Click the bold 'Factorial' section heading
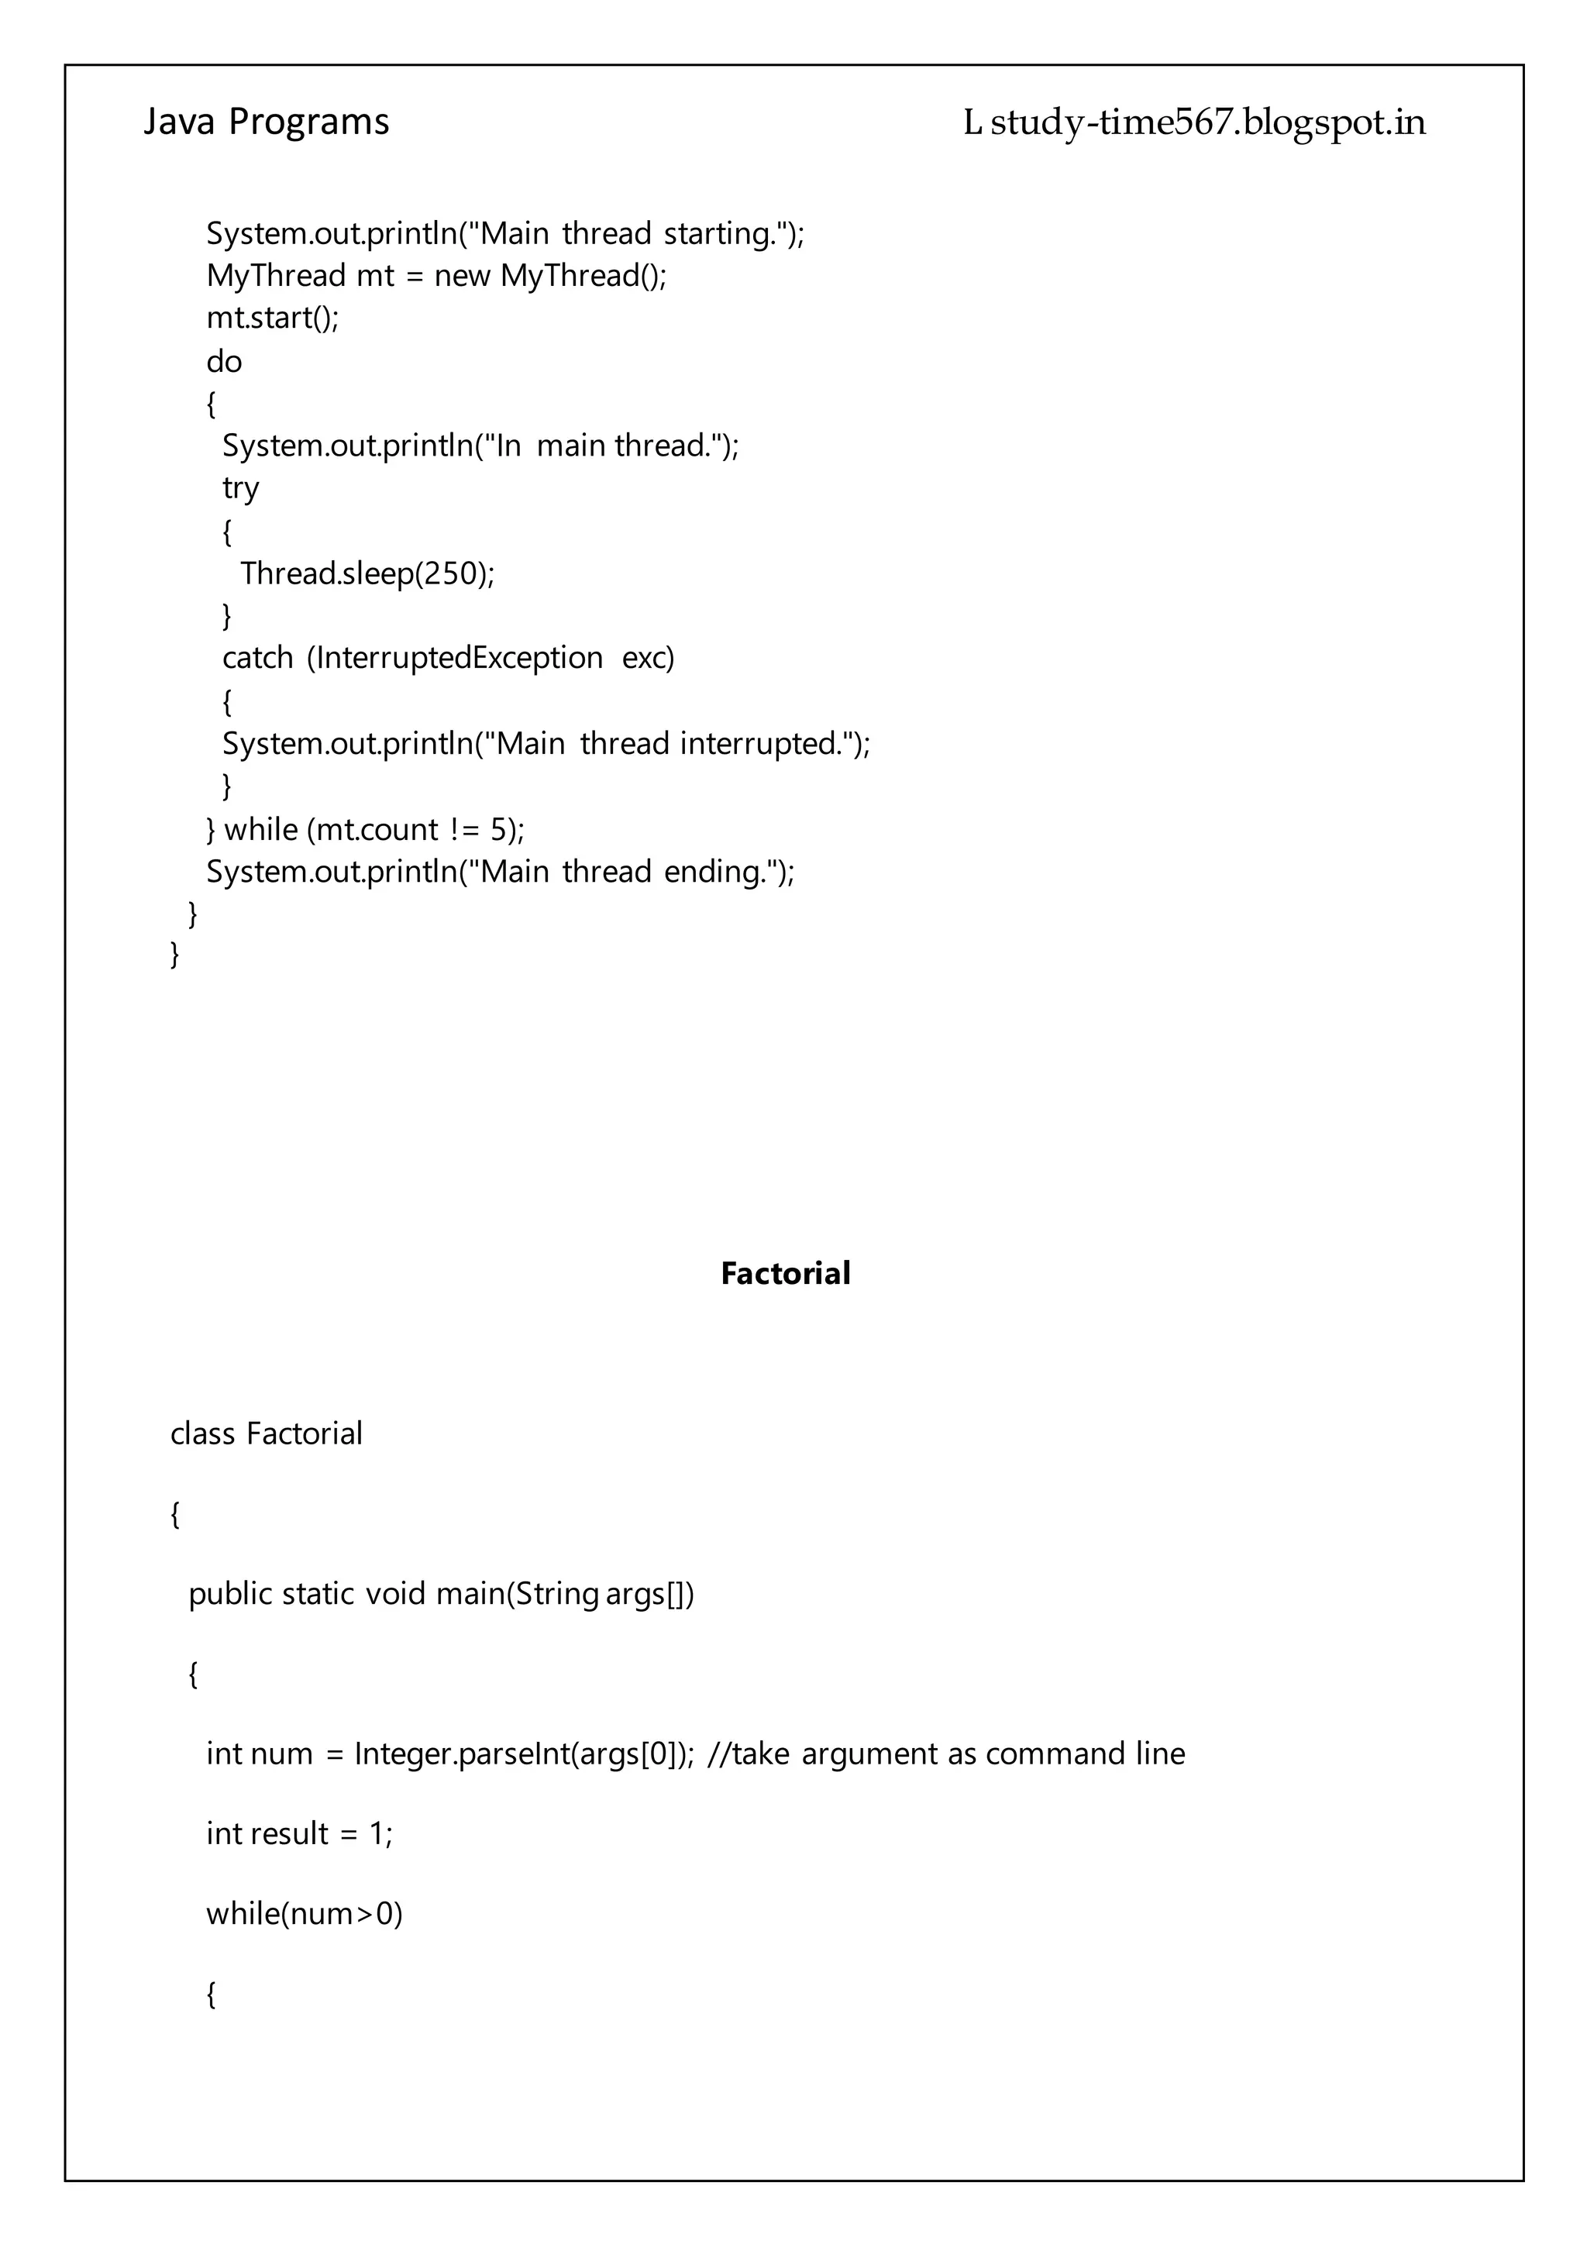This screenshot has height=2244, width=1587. (785, 1274)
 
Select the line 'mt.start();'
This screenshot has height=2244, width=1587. (272, 318)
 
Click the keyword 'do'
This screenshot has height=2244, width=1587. (224, 363)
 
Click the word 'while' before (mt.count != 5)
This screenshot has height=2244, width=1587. (261, 830)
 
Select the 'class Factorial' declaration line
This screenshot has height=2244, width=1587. (266, 1433)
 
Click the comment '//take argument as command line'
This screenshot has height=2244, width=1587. (945, 1754)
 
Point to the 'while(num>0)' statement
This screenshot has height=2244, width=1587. (304, 1914)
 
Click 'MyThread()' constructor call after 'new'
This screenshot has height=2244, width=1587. (583, 277)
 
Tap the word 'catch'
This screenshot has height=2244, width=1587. (257, 659)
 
